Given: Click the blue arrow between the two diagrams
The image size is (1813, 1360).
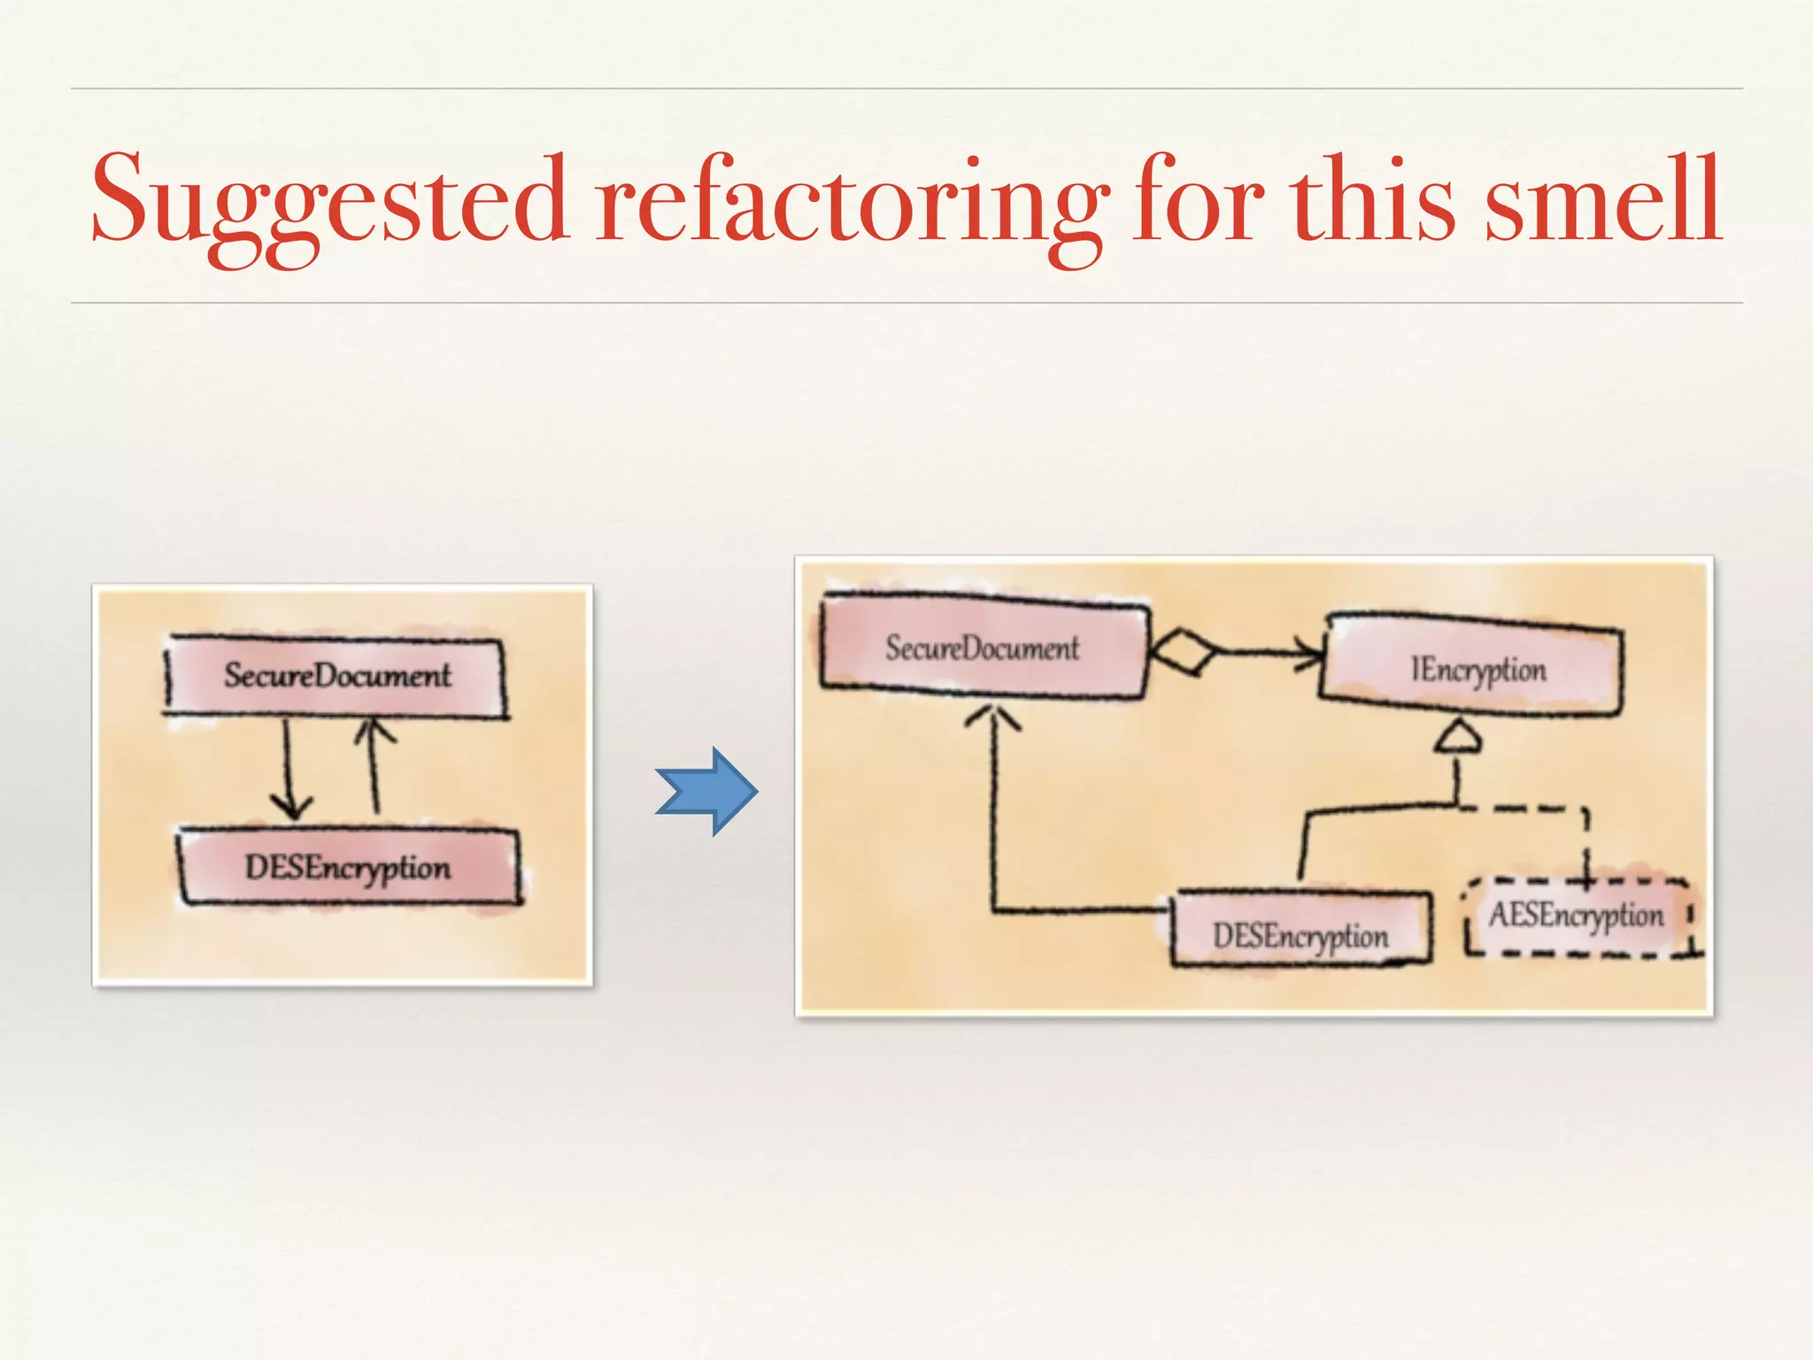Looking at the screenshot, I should (x=706, y=792).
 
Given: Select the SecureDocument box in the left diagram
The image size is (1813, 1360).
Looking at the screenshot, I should (x=336, y=676).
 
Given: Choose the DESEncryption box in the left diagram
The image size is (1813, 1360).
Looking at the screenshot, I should (x=349, y=867).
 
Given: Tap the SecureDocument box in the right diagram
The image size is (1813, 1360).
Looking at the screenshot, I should (x=983, y=646).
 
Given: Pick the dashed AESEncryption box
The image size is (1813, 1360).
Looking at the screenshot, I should (x=1577, y=916).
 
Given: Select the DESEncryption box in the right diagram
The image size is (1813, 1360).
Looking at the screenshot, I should (x=1300, y=934).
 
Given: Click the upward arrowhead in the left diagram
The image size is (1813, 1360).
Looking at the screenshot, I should (x=373, y=730).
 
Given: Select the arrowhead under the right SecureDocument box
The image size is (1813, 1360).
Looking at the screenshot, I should (x=992, y=718).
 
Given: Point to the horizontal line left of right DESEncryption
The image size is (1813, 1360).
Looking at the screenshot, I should (x=1080, y=909).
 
